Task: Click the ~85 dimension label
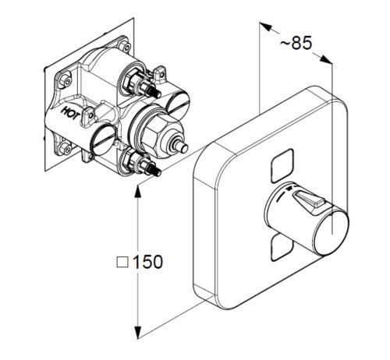[x=296, y=43]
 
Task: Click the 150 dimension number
[x=147, y=262]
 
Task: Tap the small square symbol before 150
[x=122, y=262]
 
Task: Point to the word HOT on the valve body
[x=69, y=113]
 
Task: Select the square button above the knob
[x=282, y=165]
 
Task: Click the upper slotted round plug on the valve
[x=176, y=101]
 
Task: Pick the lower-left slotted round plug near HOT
[x=103, y=139]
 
